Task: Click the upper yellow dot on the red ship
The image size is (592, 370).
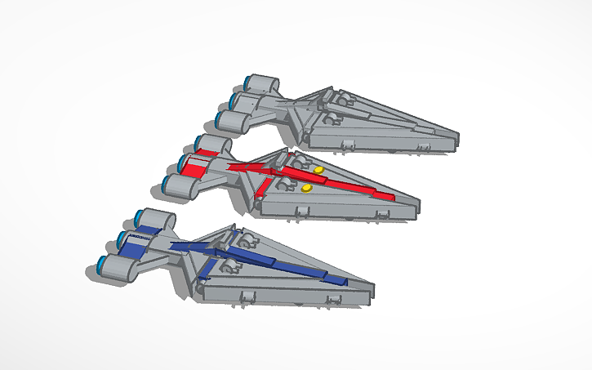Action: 318,170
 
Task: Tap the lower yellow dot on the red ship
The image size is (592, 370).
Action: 307,188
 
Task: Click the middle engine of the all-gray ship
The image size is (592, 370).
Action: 246,101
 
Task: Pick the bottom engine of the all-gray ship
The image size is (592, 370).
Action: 231,121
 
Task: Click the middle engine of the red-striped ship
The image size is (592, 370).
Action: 194,164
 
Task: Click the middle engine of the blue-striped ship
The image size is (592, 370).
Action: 135,241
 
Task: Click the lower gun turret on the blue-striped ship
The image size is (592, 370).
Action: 230,267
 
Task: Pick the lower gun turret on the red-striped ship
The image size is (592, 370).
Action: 285,186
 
